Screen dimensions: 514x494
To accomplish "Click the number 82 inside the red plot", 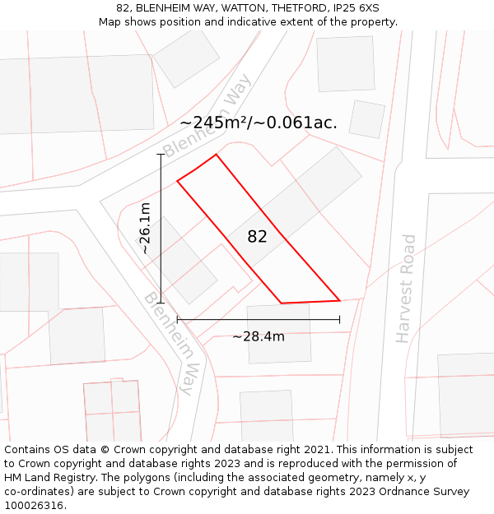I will click(x=257, y=237).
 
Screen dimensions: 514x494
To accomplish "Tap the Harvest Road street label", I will click(x=405, y=289).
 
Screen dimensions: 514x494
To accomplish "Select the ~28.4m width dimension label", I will click(x=258, y=336).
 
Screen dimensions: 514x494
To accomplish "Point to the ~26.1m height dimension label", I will click(x=145, y=228).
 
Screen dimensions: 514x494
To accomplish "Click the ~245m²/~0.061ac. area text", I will click(x=258, y=123).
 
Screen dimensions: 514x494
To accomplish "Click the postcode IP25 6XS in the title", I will click(x=353, y=8).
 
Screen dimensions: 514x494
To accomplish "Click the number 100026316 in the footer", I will click(x=35, y=506).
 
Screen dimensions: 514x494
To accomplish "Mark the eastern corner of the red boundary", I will click(x=340, y=300).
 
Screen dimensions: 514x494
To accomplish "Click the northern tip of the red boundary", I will click(x=216, y=154).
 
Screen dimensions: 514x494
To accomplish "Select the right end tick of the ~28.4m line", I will click(x=340, y=319).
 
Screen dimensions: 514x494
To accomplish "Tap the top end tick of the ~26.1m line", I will click(x=161, y=154).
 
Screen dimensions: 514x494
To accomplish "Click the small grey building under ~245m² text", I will click(x=366, y=119).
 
